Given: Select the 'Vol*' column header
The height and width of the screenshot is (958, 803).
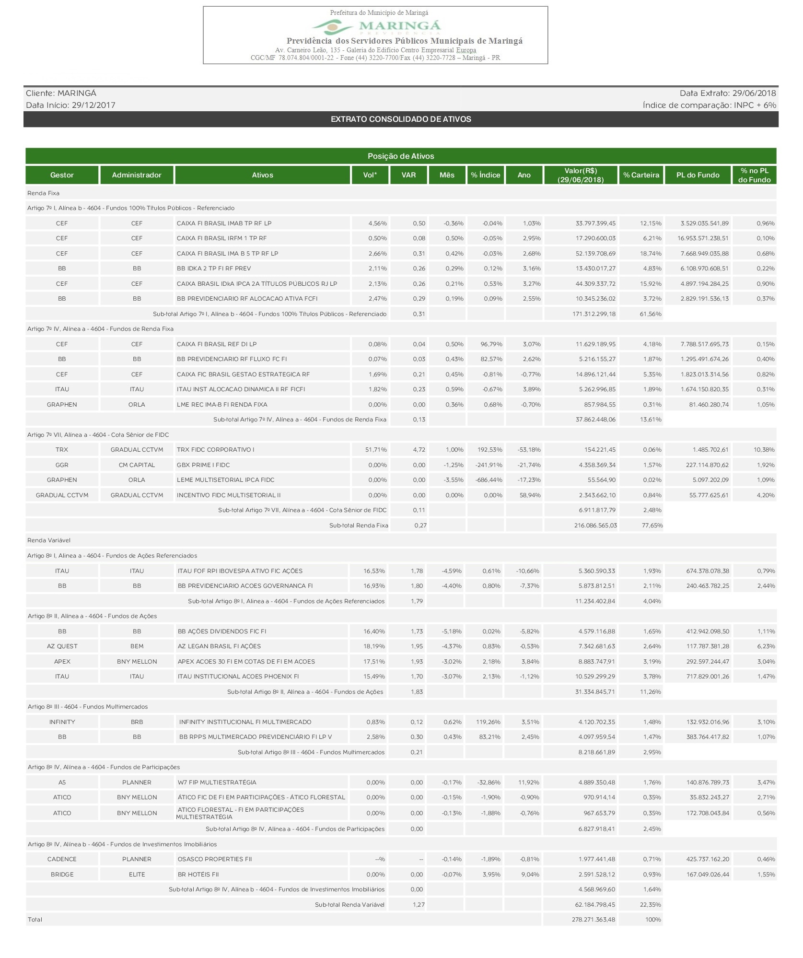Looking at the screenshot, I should tap(370, 175).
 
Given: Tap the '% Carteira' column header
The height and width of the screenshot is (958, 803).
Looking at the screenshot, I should tap(641, 175).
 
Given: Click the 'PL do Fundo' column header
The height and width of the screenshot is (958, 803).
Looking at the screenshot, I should tap(698, 175).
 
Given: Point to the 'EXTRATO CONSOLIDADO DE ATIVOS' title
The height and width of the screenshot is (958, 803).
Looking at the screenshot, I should tap(401, 119).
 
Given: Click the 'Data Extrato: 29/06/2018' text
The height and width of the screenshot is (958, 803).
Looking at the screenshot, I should tap(727, 93).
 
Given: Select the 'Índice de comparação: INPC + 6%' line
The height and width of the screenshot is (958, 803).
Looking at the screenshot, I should tap(709, 105).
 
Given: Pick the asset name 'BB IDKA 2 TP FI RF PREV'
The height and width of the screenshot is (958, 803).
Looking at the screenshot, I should tap(214, 269).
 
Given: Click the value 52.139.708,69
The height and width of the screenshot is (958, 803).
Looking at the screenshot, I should tap(595, 253).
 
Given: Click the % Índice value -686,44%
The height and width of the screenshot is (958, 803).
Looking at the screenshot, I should tap(489, 480).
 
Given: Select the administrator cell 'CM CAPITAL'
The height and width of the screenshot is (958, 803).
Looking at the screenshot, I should tap(137, 465).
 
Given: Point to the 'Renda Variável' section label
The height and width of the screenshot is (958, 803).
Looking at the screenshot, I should tap(49, 540).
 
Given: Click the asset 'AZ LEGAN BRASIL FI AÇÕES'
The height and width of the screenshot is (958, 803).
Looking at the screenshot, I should tap(220, 646).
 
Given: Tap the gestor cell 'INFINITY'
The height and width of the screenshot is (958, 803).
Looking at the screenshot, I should tap(62, 722).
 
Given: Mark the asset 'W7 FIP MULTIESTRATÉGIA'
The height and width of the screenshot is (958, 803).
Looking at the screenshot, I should tap(217, 783).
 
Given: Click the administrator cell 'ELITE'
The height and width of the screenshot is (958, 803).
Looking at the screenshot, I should tap(137, 875).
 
